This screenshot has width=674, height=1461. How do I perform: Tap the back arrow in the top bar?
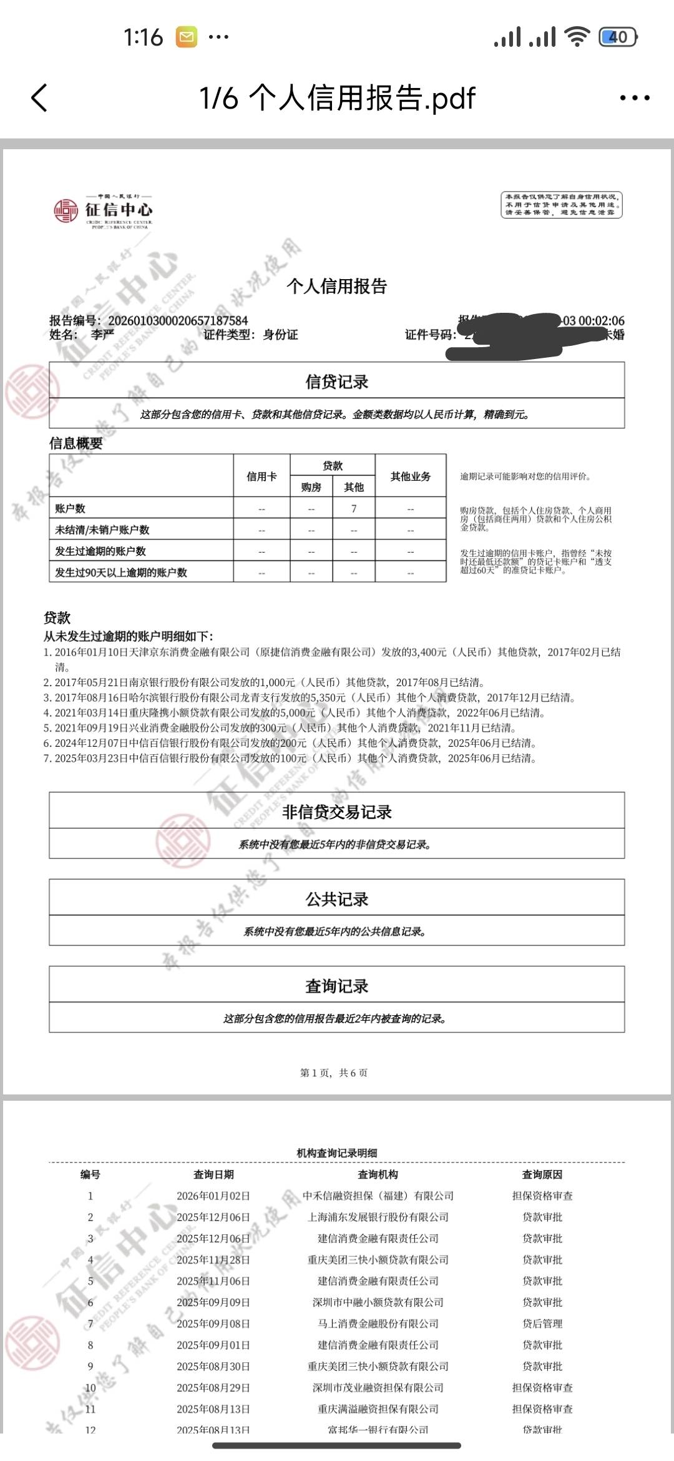[x=39, y=98]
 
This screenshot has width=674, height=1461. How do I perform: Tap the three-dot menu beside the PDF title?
[x=634, y=98]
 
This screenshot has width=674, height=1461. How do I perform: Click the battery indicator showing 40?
[x=617, y=37]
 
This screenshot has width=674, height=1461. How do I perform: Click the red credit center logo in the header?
[x=66, y=210]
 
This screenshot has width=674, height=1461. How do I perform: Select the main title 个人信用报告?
[x=337, y=286]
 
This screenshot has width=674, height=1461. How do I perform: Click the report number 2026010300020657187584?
[x=178, y=321]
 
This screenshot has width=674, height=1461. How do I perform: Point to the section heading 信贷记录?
[x=337, y=381]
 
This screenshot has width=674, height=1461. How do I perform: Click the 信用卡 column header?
[x=261, y=476]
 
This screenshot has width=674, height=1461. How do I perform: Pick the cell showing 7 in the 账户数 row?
[x=354, y=509]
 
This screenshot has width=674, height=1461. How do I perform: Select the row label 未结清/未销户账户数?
[x=102, y=530]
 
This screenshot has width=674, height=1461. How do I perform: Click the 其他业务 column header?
[x=411, y=476]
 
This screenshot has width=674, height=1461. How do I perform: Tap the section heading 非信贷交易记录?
[x=337, y=812]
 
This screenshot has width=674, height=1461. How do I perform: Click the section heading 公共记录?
[x=337, y=899]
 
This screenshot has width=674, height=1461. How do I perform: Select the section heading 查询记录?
[x=337, y=986]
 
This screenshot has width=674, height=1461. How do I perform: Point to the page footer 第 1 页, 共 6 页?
[x=334, y=1073]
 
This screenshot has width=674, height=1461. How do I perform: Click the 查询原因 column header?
[x=542, y=1174]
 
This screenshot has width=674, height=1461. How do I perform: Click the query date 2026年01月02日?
[x=213, y=1196]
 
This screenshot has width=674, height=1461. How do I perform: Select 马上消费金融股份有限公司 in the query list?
[x=378, y=1324]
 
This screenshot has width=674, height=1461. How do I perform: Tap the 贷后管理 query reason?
[x=542, y=1324]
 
